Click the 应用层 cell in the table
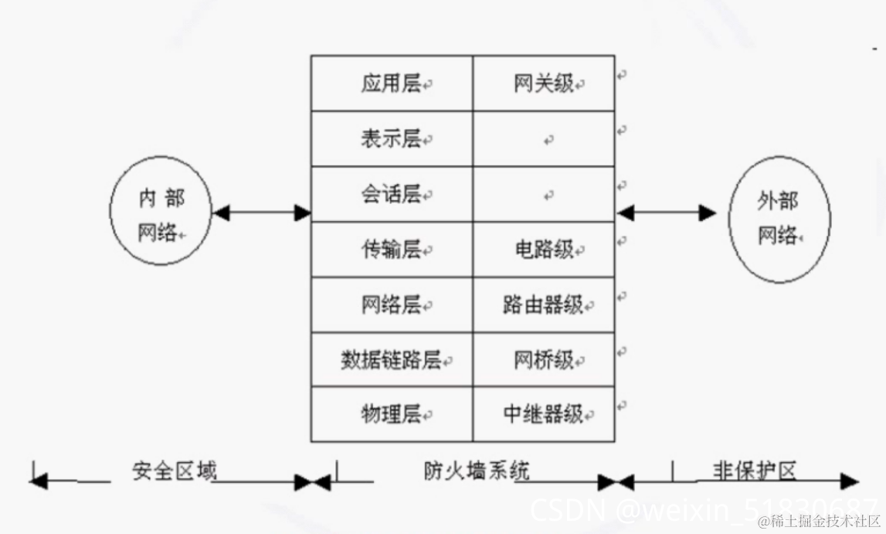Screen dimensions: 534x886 (x=392, y=83)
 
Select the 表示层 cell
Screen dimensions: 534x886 (x=392, y=139)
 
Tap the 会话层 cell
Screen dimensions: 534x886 (x=392, y=195)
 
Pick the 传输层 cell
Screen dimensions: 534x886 (x=392, y=250)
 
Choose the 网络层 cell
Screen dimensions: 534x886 (x=392, y=305)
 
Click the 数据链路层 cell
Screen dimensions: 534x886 (x=392, y=360)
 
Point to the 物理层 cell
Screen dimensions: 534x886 (x=392, y=414)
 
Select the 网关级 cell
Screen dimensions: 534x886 (x=544, y=83)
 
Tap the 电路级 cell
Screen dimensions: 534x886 (x=544, y=250)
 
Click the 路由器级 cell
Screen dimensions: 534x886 (x=544, y=305)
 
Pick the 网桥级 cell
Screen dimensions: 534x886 (x=544, y=360)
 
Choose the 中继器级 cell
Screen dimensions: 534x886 (x=544, y=414)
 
